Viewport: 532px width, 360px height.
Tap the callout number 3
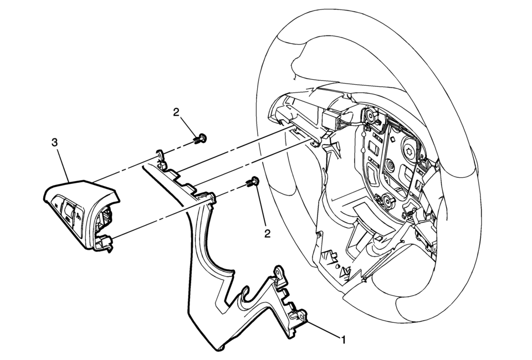click(54, 142)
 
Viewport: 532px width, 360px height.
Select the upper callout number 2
click(176, 112)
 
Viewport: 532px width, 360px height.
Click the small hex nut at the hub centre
click(391, 164)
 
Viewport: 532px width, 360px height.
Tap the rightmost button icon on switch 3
click(80, 214)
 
